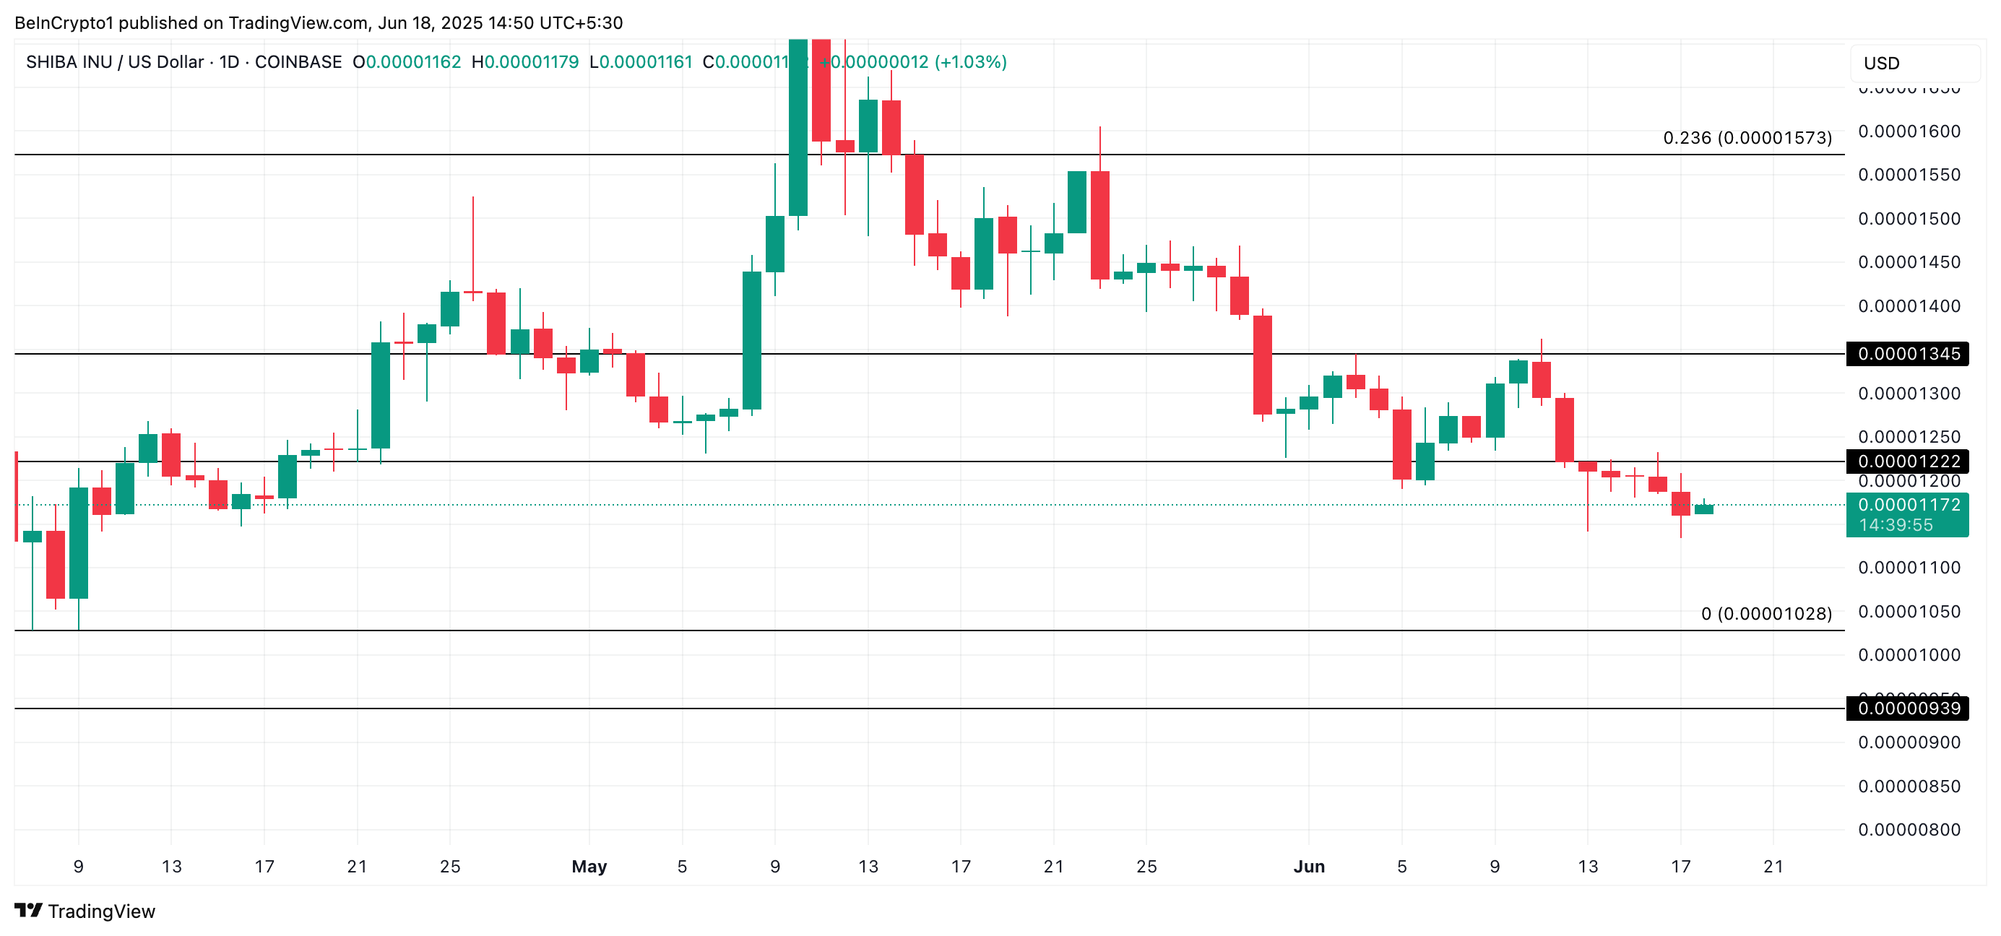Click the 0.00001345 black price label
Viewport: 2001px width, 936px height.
[1909, 353]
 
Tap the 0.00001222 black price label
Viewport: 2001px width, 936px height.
[1909, 461]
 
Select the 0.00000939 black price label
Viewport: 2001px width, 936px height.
[1909, 708]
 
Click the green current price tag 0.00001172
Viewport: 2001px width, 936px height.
[1909, 505]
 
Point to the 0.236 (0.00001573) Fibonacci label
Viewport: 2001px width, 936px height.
[1747, 137]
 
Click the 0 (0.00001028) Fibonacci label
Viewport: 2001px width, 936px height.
[1766, 614]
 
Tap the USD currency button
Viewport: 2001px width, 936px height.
[1881, 63]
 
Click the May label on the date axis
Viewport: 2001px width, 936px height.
[589, 866]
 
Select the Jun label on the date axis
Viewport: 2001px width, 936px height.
[1309, 866]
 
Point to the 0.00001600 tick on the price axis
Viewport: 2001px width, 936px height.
[1909, 131]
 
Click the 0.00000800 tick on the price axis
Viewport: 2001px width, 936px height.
[1909, 830]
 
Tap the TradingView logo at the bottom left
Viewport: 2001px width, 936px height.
[85, 911]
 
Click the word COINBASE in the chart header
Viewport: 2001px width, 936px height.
[298, 62]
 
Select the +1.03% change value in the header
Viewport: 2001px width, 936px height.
[970, 62]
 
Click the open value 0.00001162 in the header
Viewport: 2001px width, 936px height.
[413, 62]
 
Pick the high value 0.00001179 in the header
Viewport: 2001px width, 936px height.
[532, 62]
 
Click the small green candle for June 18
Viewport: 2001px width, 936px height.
[1703, 510]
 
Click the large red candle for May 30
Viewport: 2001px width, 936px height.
[1262, 364]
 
